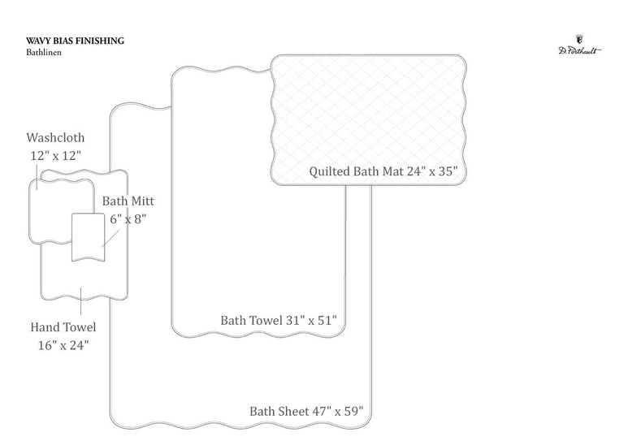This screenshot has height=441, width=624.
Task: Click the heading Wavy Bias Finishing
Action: tap(76, 41)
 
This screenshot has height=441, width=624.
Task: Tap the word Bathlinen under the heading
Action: tap(44, 52)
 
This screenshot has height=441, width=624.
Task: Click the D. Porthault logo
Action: tap(579, 45)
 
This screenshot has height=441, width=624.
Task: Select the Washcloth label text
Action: tap(55, 137)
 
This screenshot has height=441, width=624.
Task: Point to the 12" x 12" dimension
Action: tap(56, 155)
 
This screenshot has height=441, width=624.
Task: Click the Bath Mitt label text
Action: tap(128, 201)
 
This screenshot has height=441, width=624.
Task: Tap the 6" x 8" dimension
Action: tap(128, 218)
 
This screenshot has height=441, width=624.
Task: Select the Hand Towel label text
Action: tap(63, 327)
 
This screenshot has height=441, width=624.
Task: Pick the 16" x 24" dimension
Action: tap(63, 345)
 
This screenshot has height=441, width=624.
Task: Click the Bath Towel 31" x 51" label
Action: tap(279, 320)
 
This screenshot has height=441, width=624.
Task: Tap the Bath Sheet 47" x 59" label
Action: tap(306, 411)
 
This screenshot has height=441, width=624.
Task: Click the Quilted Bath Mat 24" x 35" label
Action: tap(383, 171)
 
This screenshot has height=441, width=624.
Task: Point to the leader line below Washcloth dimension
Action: tap(37, 177)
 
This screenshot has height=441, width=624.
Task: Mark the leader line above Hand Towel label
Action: tap(80, 301)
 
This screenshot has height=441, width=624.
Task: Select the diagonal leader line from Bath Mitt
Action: tap(110, 238)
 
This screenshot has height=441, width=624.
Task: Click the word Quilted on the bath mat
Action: tap(329, 171)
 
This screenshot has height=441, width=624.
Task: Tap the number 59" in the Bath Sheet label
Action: tap(354, 411)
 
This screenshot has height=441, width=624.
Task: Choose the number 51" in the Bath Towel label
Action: tap(328, 320)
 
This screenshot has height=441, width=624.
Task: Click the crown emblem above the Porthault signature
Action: tap(579, 39)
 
